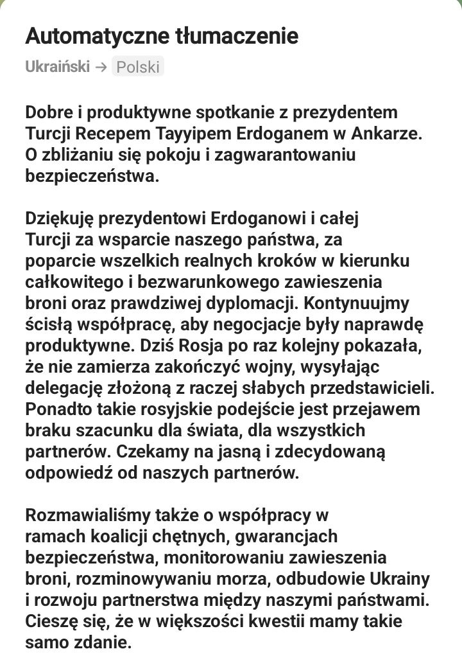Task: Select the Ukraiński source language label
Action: tap(57, 67)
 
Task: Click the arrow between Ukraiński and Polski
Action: tap(101, 67)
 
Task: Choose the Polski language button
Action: tap(138, 67)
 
